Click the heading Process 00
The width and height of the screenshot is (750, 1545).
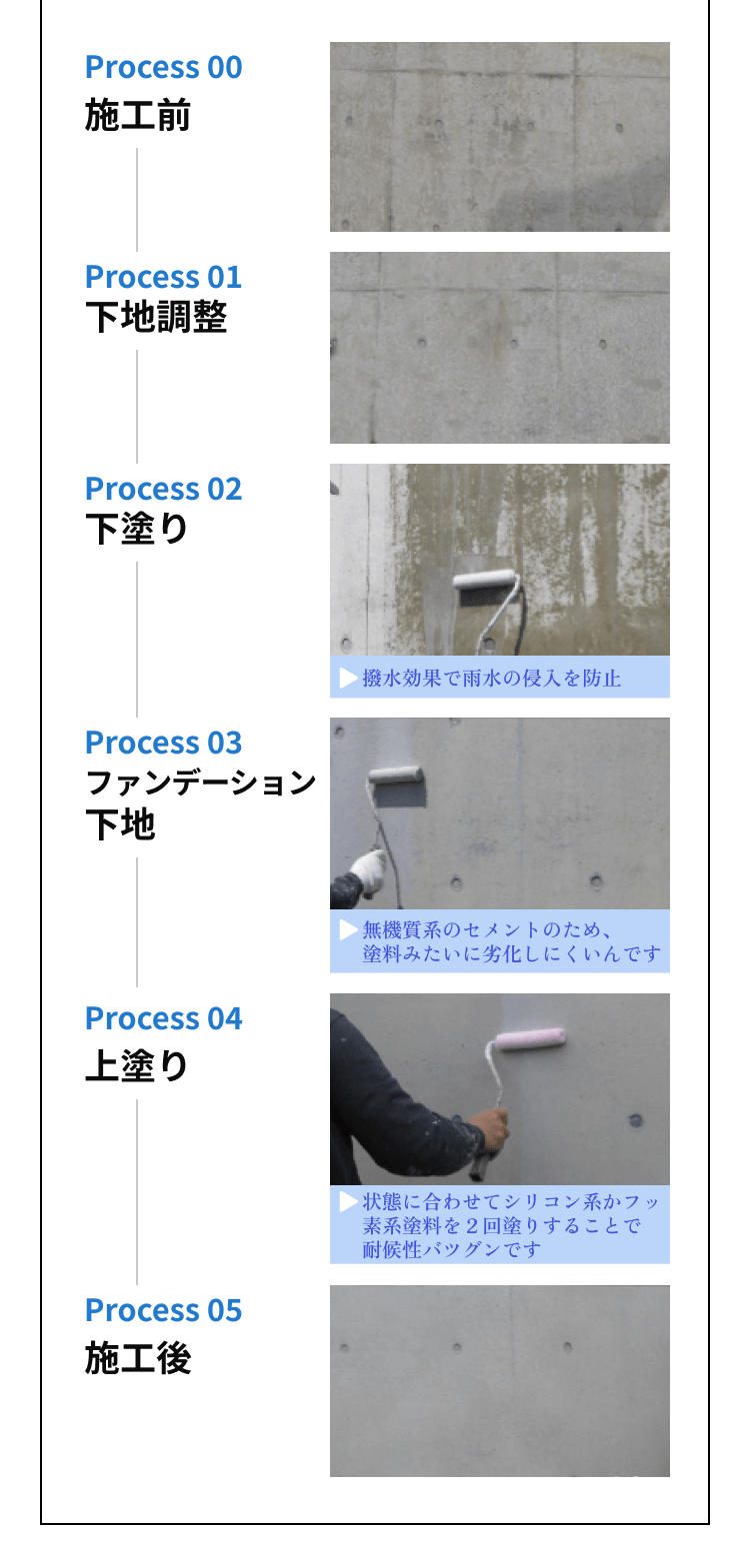point(164,68)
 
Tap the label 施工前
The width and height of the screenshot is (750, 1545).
point(137,115)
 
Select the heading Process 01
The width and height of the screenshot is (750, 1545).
point(164,277)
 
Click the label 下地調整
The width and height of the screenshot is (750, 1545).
point(156,317)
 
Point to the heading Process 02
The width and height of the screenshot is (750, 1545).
point(164,489)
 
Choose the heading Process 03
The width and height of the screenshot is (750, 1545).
point(164,743)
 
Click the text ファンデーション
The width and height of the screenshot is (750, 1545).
point(201,782)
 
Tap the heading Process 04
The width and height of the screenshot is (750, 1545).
point(164,1018)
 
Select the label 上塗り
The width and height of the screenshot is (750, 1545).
point(137,1065)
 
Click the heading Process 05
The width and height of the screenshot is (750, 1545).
point(164,1310)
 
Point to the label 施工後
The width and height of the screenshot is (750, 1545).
point(137,1358)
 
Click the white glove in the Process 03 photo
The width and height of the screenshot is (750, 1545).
point(368,871)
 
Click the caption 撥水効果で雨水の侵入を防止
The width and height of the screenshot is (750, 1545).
point(491,679)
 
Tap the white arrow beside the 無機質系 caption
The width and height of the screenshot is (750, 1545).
point(348,930)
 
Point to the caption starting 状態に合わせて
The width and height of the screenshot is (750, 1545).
point(511,1225)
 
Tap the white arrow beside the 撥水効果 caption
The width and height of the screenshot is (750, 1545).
point(348,679)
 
